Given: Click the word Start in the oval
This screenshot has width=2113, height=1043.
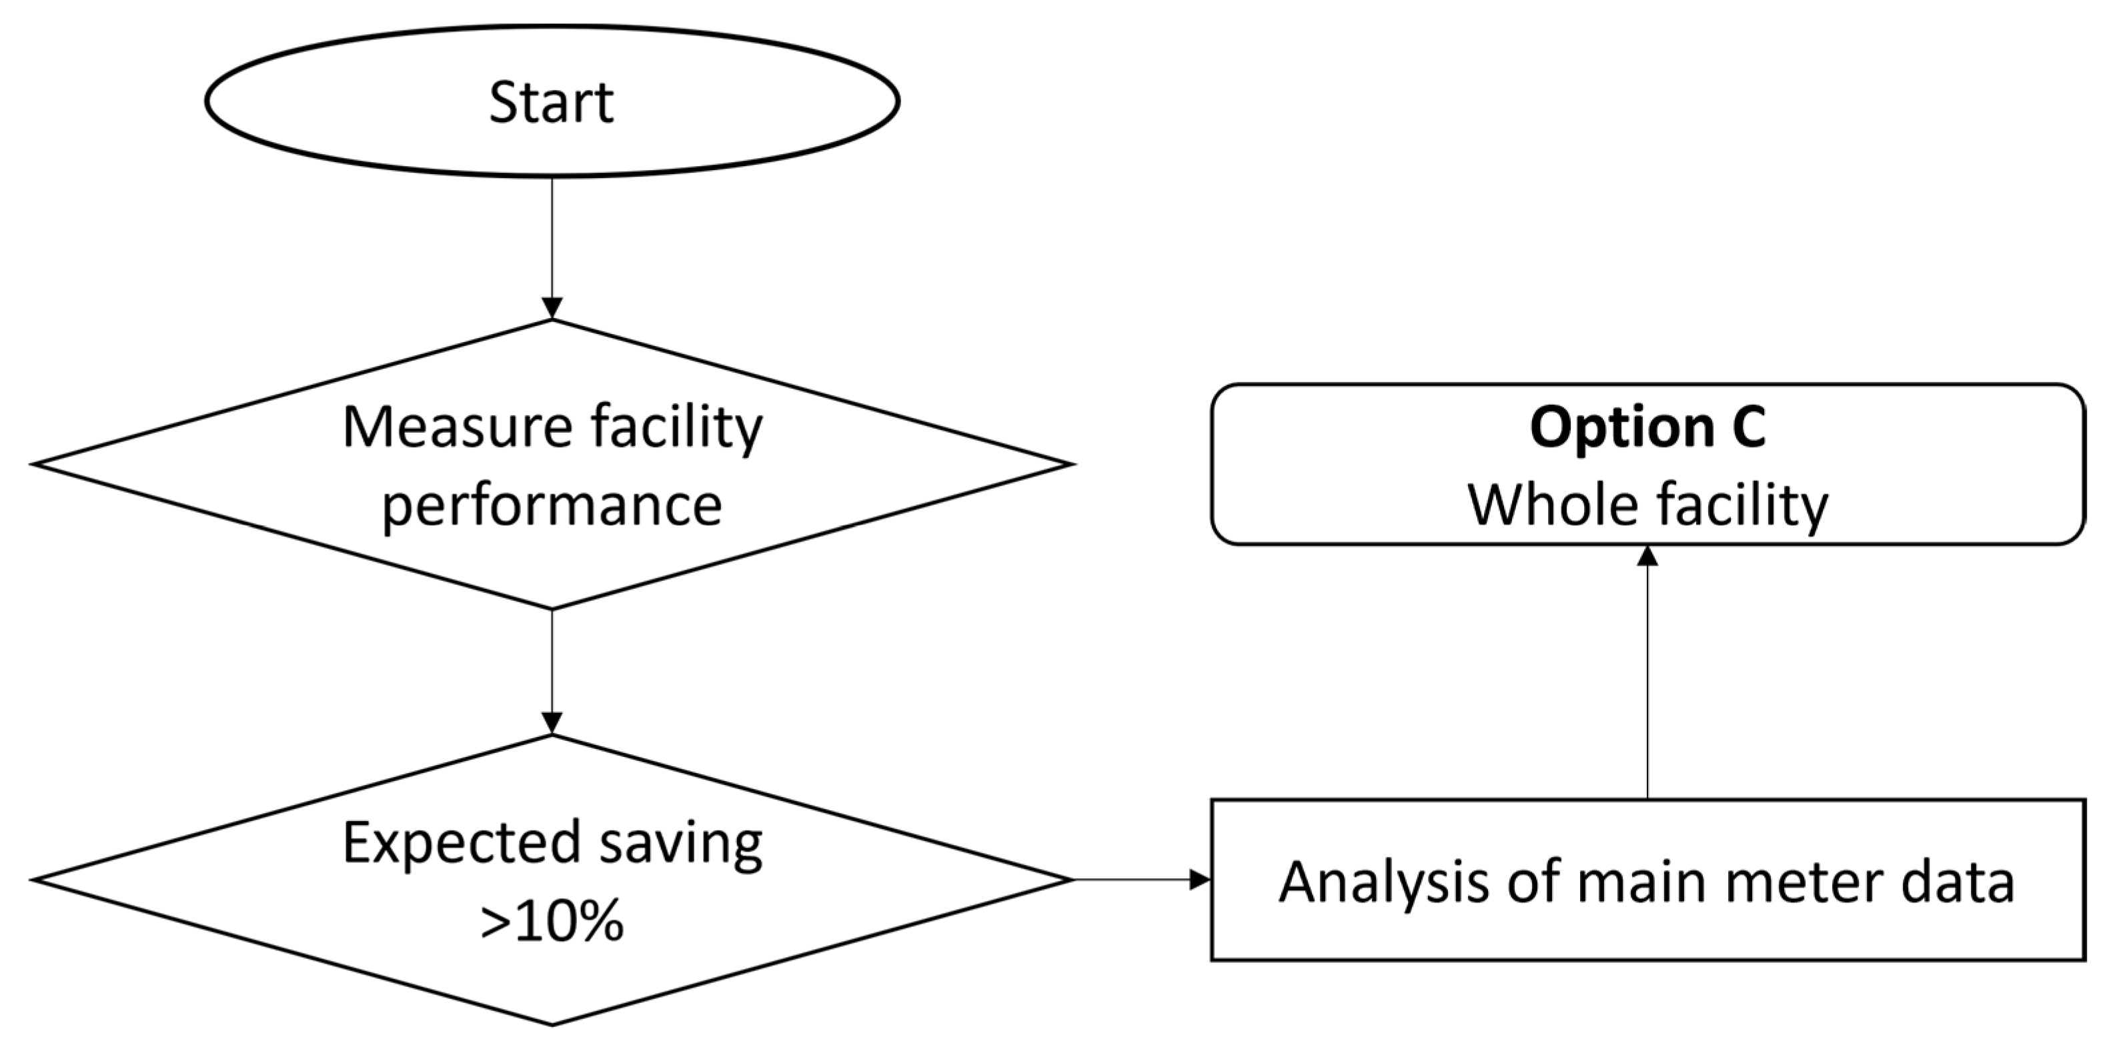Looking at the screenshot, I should (x=550, y=103).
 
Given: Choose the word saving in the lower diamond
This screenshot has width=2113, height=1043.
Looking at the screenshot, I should (x=680, y=843).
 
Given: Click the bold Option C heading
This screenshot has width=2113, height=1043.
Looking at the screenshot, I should (x=1647, y=427).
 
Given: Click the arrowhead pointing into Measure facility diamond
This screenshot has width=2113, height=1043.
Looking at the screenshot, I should (x=552, y=308).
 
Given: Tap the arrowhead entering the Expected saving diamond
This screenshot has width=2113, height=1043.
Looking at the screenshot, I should (x=552, y=723).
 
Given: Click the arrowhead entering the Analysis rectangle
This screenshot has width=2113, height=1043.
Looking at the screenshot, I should (x=1200, y=880).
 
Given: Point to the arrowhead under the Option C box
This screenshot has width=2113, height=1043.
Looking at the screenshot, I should (x=1647, y=556).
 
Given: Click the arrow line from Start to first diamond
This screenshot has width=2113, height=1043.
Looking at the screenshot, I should (x=552, y=238).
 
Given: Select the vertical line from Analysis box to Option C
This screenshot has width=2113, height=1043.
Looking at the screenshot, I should (x=1647, y=681).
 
